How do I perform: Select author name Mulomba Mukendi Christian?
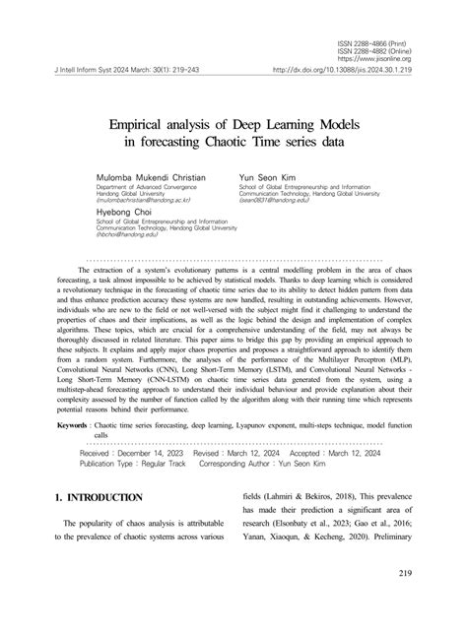coord(151,176)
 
